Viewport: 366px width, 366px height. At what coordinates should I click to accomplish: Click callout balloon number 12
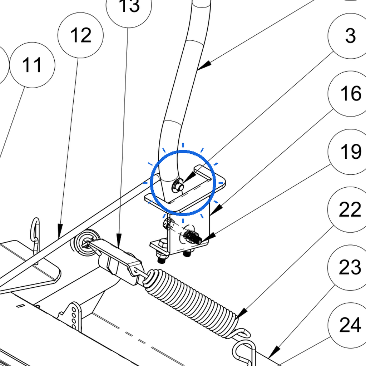tap(80, 35)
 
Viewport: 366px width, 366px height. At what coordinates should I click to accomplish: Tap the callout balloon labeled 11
tap(32, 65)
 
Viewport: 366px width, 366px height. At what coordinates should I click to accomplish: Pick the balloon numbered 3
tap(351, 36)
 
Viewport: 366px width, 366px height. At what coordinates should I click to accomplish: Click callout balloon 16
tap(351, 94)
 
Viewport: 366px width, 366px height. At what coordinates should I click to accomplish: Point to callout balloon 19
tap(351, 152)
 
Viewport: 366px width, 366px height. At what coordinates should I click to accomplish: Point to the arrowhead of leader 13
tap(119, 241)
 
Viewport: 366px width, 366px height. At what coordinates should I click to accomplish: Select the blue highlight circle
tap(183, 183)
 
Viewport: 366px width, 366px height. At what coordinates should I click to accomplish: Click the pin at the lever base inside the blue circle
tap(178, 186)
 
